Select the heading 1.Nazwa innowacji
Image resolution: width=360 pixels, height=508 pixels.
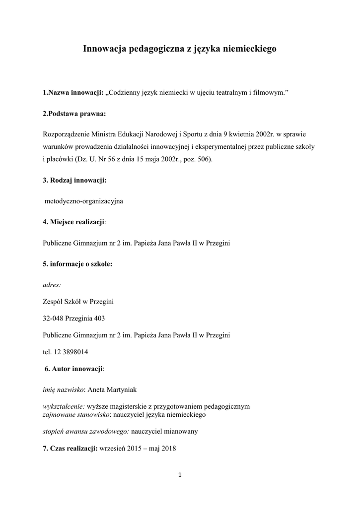[73, 92]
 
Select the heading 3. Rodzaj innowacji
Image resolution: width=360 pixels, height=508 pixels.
[74, 181]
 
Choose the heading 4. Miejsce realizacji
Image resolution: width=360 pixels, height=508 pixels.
[74, 222]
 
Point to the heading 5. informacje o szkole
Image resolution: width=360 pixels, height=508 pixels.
[77, 264]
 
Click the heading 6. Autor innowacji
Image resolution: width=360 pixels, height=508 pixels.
[74, 369]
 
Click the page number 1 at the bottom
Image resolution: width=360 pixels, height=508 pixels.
[180, 475]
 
